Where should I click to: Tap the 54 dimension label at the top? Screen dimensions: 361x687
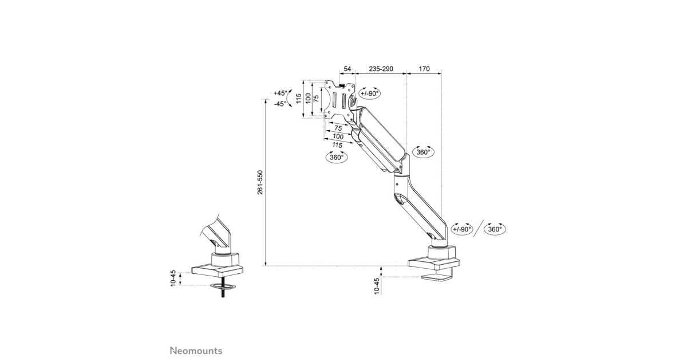pos(347,69)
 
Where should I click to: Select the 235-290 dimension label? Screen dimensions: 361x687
pos(380,69)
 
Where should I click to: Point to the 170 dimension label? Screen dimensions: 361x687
pos(424,69)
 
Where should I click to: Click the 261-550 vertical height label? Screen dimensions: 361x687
pos(260,183)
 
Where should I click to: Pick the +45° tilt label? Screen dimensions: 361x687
pos(281,93)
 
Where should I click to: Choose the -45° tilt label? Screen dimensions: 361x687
pos(280,104)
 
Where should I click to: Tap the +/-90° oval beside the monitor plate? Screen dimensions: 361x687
pos(370,93)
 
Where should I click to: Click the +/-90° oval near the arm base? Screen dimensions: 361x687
pos(462,229)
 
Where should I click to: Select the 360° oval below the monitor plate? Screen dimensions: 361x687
pos(337,157)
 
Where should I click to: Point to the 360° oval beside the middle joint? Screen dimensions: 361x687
pos(424,152)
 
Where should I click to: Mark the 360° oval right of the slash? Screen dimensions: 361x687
pos(495,229)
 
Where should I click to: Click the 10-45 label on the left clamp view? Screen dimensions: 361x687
pos(173,278)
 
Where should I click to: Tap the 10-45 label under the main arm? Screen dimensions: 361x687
pos(376,286)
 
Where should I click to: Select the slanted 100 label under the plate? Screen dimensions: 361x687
pos(338,136)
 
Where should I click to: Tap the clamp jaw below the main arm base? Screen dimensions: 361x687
pos(437,278)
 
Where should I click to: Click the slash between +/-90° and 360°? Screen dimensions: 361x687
pos(479,228)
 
